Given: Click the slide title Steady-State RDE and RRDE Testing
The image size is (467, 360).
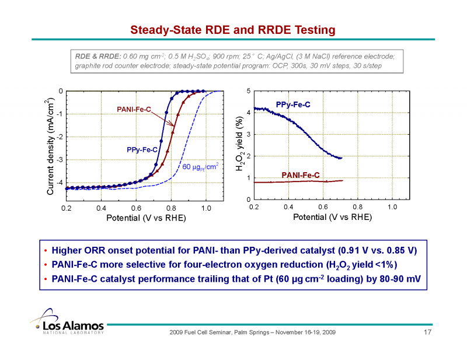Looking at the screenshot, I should click(232, 29).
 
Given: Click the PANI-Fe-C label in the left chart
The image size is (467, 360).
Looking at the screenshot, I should click(135, 109).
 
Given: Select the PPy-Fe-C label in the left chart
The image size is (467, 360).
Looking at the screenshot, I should click(142, 150).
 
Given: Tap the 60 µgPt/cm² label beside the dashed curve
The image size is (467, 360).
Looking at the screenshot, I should click(200, 167).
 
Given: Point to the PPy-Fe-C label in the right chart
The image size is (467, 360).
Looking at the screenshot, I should click(293, 104).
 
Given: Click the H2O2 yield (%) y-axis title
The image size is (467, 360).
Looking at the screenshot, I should click(238, 143).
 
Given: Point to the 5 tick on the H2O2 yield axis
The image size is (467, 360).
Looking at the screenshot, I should click(249, 91).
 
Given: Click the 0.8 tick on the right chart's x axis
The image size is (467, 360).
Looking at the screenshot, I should click(358, 207).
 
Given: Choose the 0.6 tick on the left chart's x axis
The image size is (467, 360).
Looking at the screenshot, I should click(136, 208).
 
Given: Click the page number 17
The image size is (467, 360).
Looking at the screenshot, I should click(426, 333).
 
